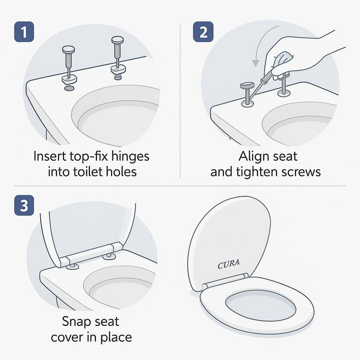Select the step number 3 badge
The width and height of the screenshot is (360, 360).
[x=24, y=205]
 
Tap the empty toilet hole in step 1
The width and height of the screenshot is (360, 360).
[x=69, y=89]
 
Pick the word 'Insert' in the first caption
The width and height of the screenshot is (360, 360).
[x=49, y=157]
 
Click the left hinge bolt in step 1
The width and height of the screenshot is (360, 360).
[x=68, y=65]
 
